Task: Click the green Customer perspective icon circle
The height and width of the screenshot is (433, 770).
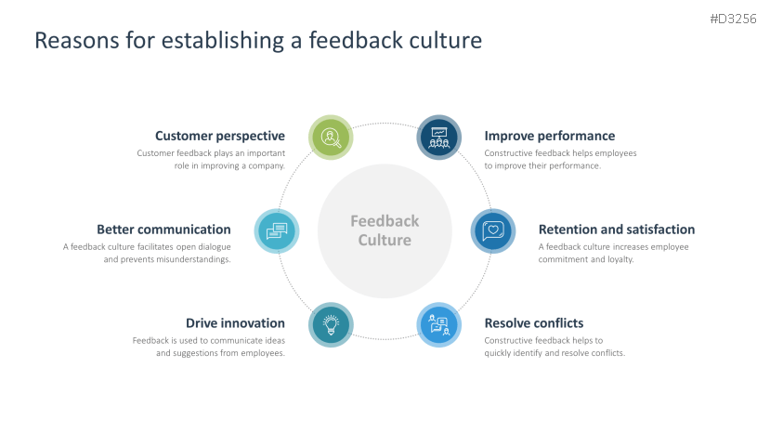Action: click(331, 138)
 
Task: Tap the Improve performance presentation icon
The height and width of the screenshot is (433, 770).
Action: click(438, 138)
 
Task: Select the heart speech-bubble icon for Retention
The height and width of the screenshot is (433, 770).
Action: click(493, 230)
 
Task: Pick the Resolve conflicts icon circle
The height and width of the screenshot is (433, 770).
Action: click(438, 324)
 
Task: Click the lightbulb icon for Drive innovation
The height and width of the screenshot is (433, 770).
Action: click(331, 324)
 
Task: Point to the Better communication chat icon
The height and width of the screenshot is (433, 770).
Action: click(277, 230)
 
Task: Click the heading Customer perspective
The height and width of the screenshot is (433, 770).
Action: click(220, 136)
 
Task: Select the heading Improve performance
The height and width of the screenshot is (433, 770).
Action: click(550, 136)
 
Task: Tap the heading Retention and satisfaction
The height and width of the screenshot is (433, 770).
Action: click(617, 230)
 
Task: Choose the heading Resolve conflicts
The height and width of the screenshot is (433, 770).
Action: click(534, 323)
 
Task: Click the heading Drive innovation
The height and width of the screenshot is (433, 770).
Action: click(235, 323)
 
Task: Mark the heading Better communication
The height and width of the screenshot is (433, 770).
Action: click(163, 230)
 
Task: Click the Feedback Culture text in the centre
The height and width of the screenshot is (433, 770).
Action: click(385, 230)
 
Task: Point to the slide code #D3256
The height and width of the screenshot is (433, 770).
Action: click(734, 18)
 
